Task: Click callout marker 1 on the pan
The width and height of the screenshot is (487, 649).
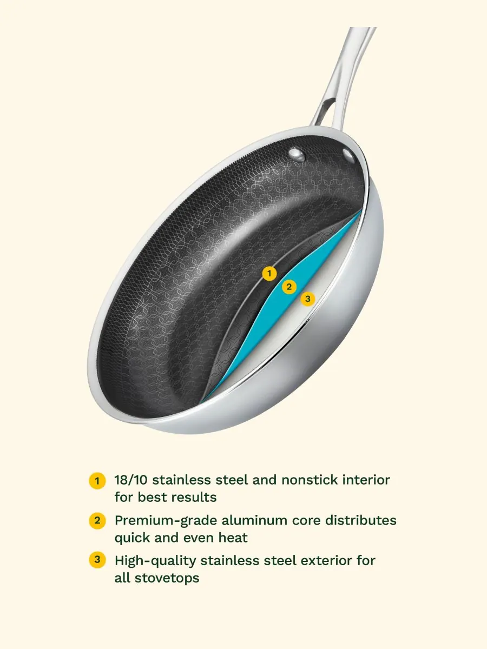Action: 269,273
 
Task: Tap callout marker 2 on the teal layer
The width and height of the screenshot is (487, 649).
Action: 289,287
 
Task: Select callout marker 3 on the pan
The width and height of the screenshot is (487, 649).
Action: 307,299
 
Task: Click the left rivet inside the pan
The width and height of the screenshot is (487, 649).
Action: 297,154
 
